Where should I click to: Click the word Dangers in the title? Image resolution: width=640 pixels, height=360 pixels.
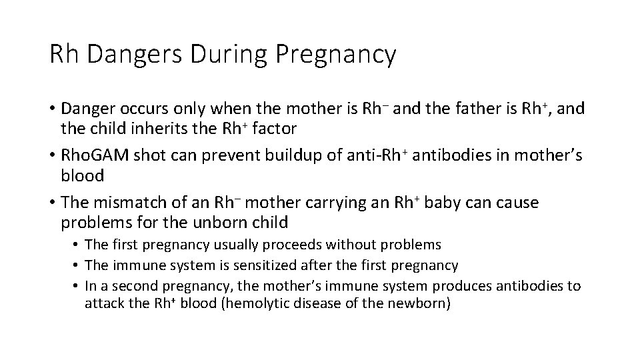pos(134,55)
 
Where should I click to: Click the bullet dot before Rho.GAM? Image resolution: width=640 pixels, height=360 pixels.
pos(52,156)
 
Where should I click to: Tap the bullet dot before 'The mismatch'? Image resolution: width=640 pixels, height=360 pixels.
pos(52,203)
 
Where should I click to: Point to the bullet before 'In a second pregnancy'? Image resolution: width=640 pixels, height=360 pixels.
pos(77,287)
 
